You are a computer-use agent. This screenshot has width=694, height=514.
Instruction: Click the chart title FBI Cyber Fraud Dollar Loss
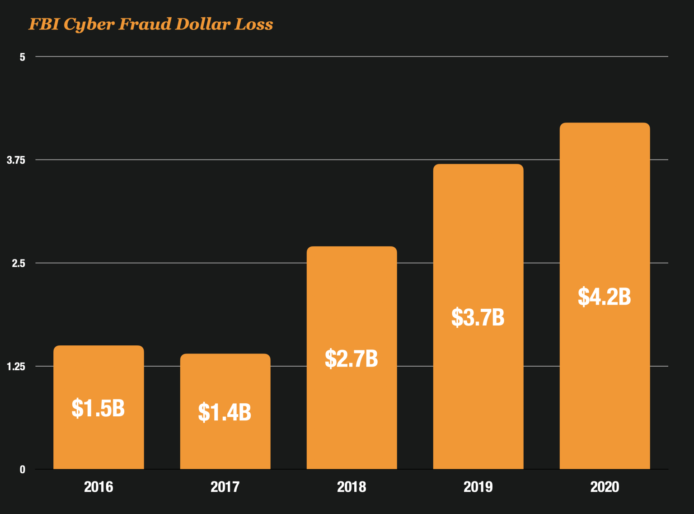(151, 24)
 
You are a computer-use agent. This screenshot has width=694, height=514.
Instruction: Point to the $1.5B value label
(98, 408)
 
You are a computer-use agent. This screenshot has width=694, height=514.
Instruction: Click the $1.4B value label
(225, 412)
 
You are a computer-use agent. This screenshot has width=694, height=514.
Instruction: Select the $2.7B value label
(351, 358)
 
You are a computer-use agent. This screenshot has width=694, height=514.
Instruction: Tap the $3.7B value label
(478, 317)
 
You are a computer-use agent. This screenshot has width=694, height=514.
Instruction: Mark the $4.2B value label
(604, 297)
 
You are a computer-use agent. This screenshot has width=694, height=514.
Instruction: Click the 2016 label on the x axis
(98, 487)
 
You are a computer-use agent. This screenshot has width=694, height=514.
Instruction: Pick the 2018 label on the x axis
(352, 487)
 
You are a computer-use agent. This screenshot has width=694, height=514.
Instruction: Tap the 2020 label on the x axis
(605, 487)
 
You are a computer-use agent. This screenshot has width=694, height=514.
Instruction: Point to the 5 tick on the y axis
(22, 57)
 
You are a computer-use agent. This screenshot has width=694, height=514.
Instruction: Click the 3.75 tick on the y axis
(16, 160)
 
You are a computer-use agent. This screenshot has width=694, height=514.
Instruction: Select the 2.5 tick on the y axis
(19, 263)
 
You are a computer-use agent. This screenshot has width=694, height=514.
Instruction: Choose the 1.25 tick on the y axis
(16, 366)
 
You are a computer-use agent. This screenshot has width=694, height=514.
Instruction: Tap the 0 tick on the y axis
(22, 470)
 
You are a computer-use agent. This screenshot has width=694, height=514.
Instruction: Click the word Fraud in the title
(145, 24)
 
